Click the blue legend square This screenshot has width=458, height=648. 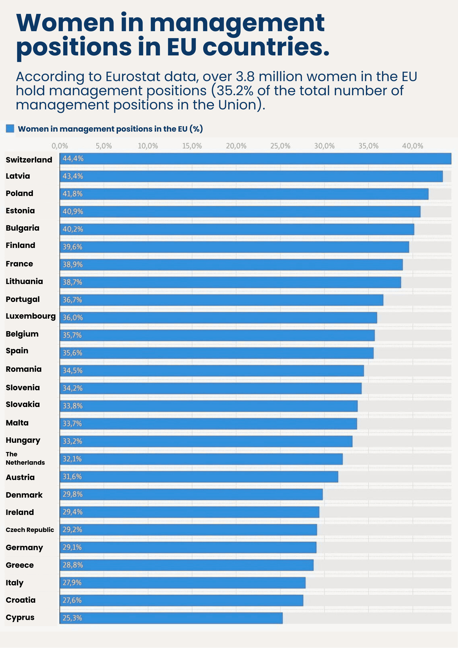[10, 128]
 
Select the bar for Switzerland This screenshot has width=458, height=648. [255, 159]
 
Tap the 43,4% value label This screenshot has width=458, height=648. [73, 176]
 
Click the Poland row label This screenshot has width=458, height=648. [19, 193]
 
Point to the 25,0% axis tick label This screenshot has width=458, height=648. [280, 146]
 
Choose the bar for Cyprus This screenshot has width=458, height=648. [171, 618]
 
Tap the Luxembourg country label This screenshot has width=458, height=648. [31, 316]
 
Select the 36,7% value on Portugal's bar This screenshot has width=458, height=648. [72, 300]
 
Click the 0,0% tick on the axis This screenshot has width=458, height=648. [60, 146]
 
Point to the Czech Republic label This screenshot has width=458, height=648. [30, 530]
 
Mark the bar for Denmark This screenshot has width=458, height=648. [191, 494]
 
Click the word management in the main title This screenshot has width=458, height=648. [237, 23]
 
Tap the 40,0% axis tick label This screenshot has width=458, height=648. [412, 146]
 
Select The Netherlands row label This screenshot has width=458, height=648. [25, 458]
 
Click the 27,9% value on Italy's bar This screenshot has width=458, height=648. [72, 582]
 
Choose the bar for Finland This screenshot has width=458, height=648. [234, 247]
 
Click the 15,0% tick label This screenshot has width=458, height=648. [192, 146]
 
